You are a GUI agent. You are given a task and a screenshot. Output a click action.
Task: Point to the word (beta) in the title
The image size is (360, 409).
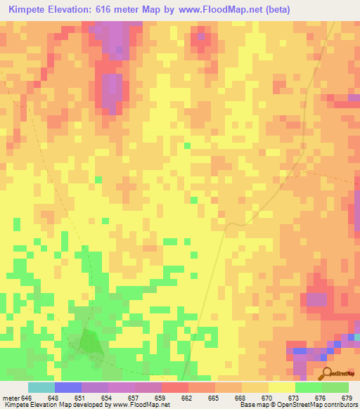pos(274,10)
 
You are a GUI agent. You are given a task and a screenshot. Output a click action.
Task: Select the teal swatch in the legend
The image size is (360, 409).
pos(41,387)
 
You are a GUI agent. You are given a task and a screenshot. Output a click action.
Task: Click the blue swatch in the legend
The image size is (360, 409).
pos(67,387)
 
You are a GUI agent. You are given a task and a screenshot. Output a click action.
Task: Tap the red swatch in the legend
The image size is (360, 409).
pos(175,387)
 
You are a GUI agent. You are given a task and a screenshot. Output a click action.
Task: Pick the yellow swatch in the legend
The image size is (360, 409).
pos(282,387)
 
